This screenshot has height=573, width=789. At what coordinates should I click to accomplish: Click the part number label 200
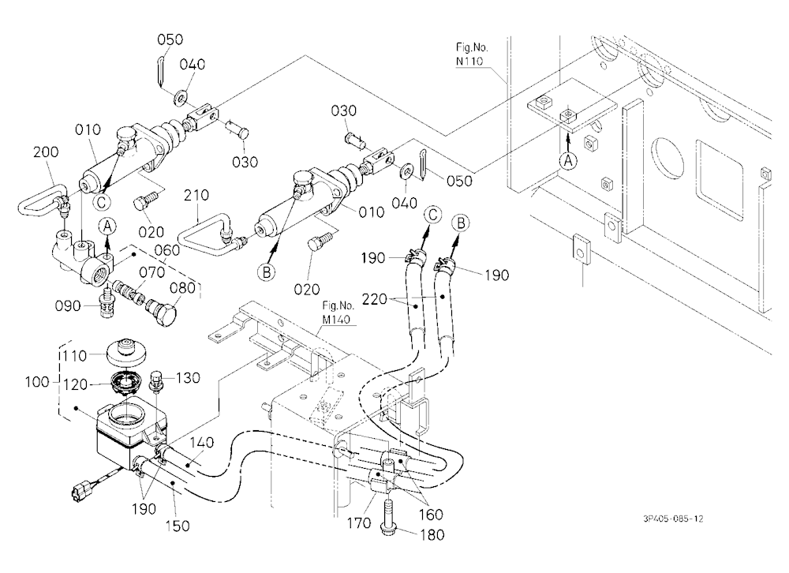click(46, 152)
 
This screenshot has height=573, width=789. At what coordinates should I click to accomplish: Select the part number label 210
click(196, 196)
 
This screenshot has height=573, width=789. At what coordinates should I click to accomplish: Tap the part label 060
click(167, 250)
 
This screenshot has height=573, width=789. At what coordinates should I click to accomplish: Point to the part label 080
click(182, 288)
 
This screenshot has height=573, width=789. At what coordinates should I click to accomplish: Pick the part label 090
click(67, 306)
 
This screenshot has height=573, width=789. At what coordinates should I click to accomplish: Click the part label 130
click(188, 377)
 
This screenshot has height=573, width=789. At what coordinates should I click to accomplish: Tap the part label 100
click(38, 382)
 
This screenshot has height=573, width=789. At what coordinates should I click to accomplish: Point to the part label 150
click(177, 526)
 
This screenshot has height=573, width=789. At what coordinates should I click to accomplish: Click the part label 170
click(359, 523)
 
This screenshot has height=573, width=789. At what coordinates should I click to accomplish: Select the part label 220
click(375, 300)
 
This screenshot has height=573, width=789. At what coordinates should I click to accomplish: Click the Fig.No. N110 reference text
click(472, 54)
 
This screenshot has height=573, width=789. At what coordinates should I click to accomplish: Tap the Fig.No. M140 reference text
click(338, 313)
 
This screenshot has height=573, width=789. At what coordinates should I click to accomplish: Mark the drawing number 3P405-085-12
click(673, 519)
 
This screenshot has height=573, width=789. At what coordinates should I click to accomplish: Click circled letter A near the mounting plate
click(568, 162)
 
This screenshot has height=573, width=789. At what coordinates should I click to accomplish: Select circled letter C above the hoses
click(432, 215)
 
